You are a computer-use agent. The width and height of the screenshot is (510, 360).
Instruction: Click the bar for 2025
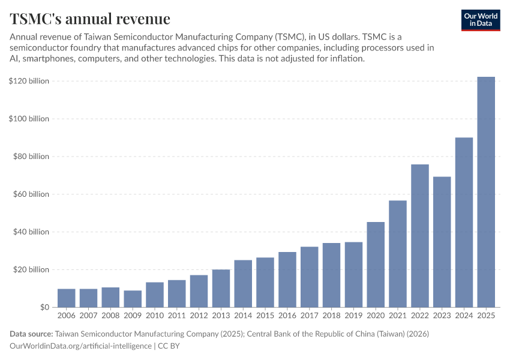point(486,192)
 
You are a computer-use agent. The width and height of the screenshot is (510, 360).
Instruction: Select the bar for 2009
point(133,299)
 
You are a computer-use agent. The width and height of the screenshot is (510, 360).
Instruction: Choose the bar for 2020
point(376,265)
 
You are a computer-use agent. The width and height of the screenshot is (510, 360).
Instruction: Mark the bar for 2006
point(67,298)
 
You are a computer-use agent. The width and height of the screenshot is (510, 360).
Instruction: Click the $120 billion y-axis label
point(29,81)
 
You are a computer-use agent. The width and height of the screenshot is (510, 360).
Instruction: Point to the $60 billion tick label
point(31,194)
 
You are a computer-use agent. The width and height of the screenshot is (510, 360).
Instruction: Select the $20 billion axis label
point(31,269)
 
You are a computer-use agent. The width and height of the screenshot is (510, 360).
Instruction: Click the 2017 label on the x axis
point(309,315)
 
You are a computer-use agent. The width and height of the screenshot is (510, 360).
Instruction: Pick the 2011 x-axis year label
point(177,315)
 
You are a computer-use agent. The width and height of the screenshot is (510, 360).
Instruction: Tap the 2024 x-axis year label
point(464,315)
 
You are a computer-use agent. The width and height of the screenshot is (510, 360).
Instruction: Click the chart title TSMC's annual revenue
point(90,19)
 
